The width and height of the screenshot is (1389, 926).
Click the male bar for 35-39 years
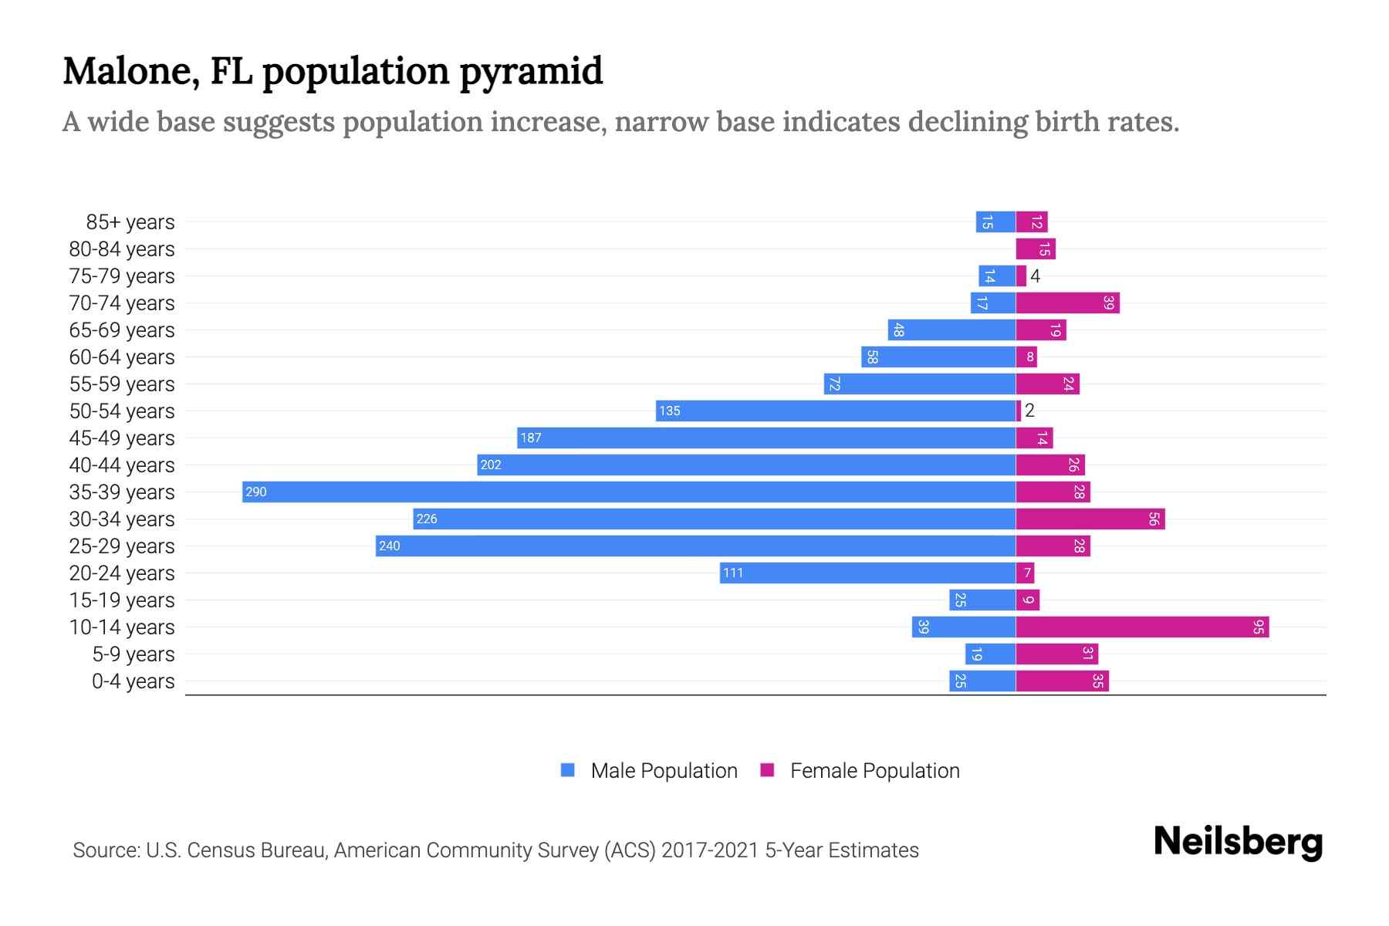point(629,492)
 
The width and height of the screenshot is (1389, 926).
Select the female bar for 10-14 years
point(1142,627)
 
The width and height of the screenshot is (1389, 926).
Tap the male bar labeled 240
point(694,546)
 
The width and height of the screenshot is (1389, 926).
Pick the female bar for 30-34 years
point(1090,519)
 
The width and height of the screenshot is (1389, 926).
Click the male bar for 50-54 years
point(836,411)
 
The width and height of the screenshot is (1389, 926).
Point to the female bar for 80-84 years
point(1035,249)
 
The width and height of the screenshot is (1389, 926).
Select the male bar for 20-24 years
point(867,573)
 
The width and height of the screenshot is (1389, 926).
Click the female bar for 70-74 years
point(1067,303)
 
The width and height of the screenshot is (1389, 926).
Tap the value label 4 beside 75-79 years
point(1036,276)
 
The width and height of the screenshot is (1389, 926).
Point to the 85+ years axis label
point(130,222)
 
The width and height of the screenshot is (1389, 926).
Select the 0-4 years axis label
point(133,681)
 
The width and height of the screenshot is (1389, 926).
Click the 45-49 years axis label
point(122,438)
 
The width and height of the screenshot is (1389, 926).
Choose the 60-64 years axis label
point(122,357)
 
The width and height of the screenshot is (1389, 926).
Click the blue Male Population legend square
point(568,770)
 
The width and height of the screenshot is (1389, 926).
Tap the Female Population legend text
point(874,771)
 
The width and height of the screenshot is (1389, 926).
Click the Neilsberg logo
point(1238,842)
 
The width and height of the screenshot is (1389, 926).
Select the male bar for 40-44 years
point(746,465)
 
